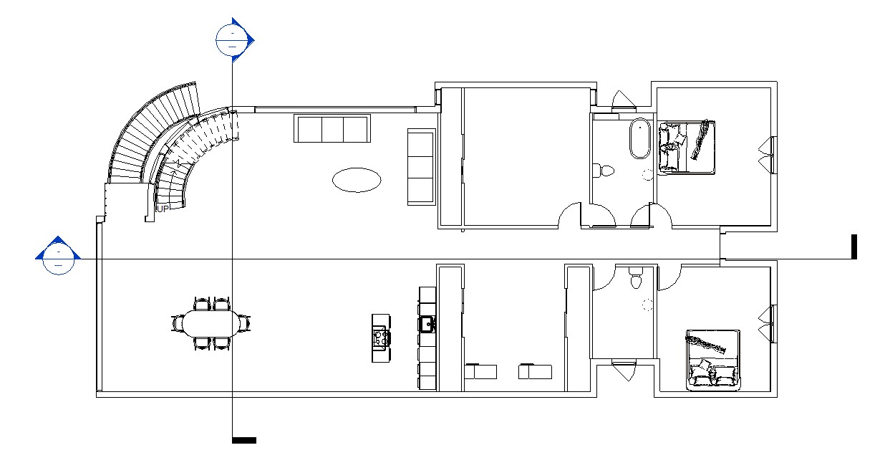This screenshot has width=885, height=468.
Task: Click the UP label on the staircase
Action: (x=163, y=209)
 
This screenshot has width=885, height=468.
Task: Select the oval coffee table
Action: (x=357, y=180)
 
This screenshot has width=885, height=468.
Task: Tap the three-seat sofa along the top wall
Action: (x=332, y=128)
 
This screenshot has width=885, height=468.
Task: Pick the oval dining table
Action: (x=211, y=323)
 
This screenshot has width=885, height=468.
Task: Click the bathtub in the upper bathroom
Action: (x=640, y=138)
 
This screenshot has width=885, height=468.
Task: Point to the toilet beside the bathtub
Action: (x=604, y=171)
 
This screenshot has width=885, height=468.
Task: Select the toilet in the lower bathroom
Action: (x=636, y=277)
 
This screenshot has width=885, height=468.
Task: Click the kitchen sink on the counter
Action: (x=427, y=324)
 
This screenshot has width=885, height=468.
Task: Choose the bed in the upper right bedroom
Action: (x=687, y=148)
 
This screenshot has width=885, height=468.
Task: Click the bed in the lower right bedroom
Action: (x=712, y=360)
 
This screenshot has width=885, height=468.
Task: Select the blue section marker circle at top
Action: (x=232, y=40)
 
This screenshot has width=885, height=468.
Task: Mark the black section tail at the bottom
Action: (x=244, y=440)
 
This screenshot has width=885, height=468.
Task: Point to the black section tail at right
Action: (x=853, y=247)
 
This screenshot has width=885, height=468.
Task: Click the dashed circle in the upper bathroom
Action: (x=647, y=175)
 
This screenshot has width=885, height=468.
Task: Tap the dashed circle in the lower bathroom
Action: (x=647, y=304)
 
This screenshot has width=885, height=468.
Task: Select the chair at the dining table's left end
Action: (x=177, y=323)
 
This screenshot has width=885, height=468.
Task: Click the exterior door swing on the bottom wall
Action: (x=624, y=371)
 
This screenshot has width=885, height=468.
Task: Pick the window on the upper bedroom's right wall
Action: (x=773, y=155)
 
